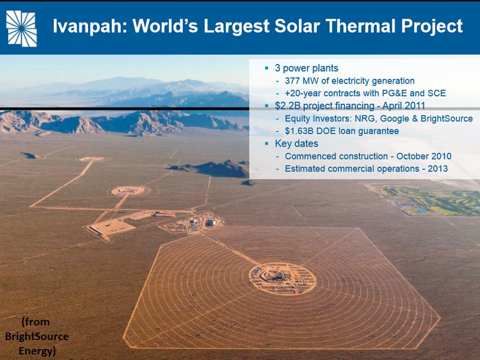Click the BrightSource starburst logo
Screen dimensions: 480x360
21,28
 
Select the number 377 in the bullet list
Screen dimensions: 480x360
292,81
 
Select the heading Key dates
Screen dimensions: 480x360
296,143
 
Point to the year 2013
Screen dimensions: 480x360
438,168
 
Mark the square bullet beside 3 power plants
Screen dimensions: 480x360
266,68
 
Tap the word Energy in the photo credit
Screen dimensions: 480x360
37,351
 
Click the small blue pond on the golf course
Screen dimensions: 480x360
420,210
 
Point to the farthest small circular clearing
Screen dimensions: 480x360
92,159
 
